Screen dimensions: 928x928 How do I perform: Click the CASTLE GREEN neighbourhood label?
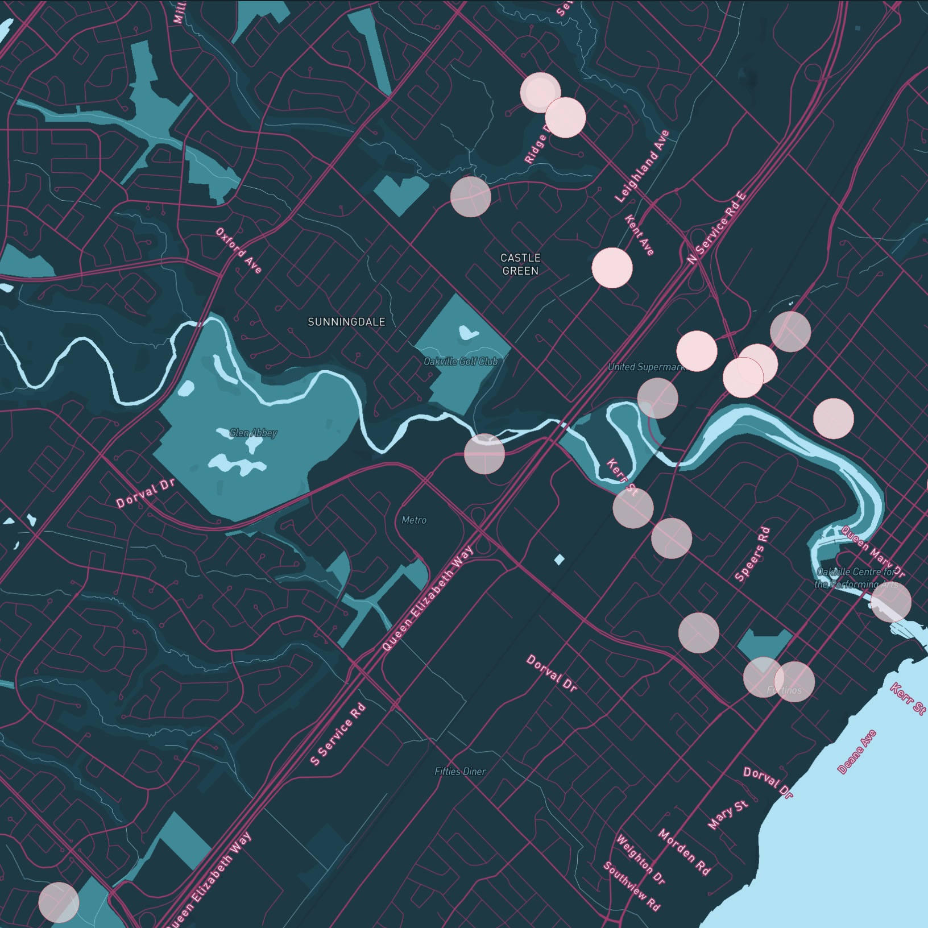(x=520, y=264)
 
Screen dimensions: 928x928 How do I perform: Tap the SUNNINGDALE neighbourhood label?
(x=346, y=322)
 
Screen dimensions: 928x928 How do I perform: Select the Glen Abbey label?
(x=253, y=433)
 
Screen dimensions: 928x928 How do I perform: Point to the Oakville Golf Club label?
(x=461, y=361)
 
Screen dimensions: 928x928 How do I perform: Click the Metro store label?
(x=414, y=520)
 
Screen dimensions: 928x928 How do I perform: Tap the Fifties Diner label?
(x=460, y=771)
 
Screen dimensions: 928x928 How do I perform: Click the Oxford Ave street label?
(x=239, y=251)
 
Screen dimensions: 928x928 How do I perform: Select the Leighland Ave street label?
(x=643, y=166)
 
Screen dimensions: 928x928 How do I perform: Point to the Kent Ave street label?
(x=640, y=235)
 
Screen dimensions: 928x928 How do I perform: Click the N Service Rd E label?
(x=716, y=228)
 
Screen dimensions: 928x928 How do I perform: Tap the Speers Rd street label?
(x=752, y=554)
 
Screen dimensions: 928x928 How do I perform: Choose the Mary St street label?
(x=727, y=814)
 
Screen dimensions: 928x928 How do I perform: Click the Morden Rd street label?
(x=684, y=852)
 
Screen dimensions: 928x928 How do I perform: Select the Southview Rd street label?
(x=632, y=886)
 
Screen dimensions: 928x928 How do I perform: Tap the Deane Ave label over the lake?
(x=857, y=752)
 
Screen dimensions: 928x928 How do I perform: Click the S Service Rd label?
(x=338, y=734)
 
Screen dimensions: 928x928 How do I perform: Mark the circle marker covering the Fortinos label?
(x=794, y=682)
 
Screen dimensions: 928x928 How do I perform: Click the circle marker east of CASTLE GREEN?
(x=612, y=268)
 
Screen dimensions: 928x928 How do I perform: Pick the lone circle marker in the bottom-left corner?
(x=59, y=902)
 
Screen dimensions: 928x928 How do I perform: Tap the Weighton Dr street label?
(x=640, y=859)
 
